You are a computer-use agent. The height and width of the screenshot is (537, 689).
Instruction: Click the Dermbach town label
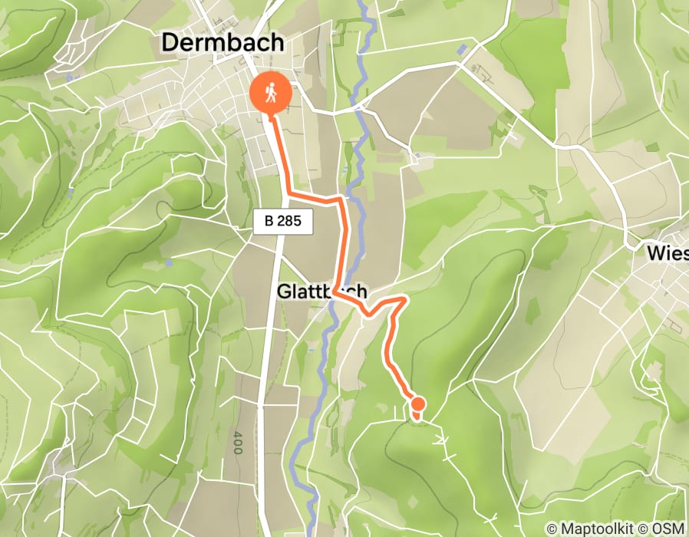[223, 43]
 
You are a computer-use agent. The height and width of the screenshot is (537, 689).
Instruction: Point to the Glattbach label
[322, 292]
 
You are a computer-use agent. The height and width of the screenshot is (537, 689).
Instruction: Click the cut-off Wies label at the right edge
[667, 253]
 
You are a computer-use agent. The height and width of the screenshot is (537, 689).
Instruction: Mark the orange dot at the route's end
[417, 404]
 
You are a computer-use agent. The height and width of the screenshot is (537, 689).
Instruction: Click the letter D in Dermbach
[170, 43]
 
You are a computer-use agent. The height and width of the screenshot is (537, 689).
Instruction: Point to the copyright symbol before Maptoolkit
[552, 529]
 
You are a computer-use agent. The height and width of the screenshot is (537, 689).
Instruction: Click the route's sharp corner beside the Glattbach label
[336, 292]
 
